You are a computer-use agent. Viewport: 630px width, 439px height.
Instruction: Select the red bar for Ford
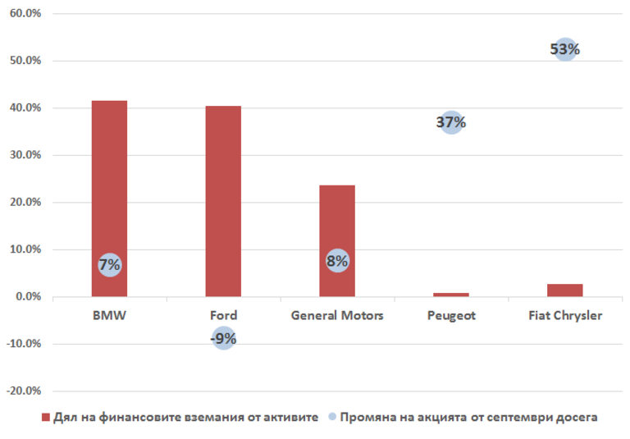coord(223,201)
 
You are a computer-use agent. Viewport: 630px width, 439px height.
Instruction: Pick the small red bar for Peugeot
coord(450,294)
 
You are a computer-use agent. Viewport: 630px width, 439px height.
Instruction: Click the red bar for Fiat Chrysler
coord(564,290)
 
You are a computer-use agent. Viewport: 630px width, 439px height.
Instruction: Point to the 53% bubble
coord(564,50)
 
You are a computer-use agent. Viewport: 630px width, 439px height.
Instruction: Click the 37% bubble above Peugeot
coord(450,123)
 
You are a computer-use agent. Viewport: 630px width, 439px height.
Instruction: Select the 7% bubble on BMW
coord(109,265)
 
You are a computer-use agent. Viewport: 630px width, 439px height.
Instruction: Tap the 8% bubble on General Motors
coord(337,262)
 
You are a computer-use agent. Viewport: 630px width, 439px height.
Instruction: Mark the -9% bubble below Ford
coord(223,336)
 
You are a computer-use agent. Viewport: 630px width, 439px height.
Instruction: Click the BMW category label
coord(109,316)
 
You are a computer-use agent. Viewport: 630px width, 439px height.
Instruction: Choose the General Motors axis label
coord(337,316)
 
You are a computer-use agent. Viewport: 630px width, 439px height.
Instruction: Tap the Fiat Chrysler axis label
coord(564,316)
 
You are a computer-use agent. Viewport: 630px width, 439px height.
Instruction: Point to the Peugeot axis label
coord(450,316)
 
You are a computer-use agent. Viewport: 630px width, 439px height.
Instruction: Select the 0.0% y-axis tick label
coord(26,296)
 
